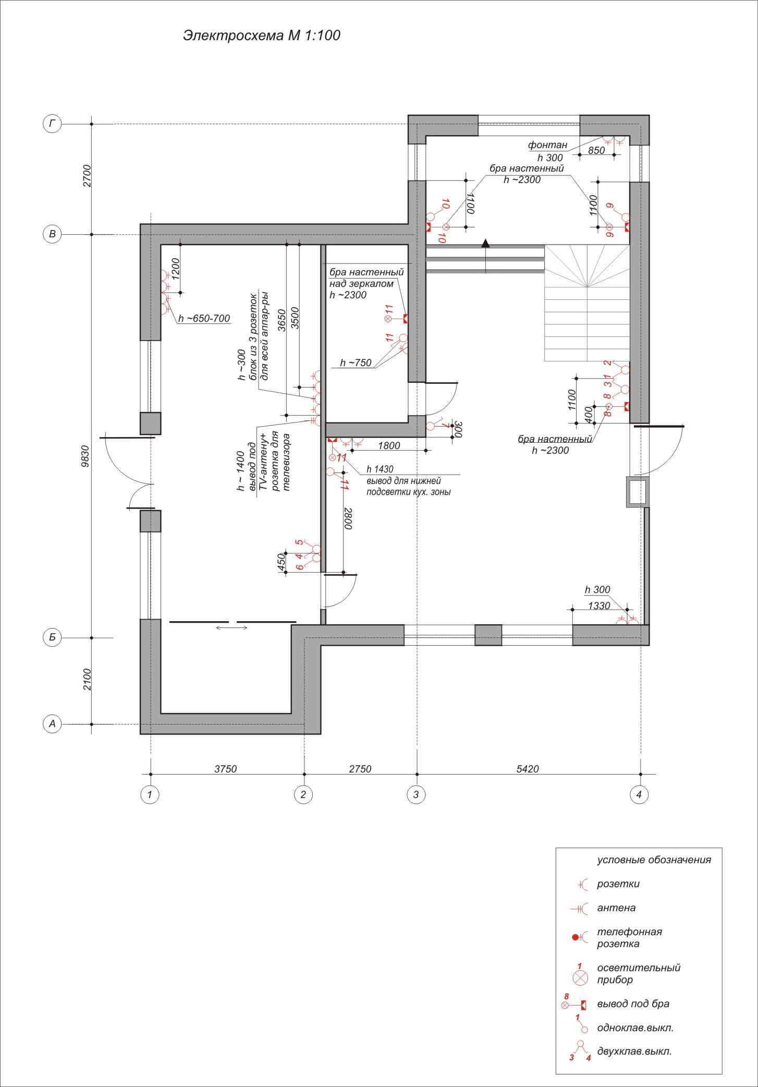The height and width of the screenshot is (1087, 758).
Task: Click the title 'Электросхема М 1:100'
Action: (x=262, y=35)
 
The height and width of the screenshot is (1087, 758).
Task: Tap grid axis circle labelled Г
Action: (x=52, y=124)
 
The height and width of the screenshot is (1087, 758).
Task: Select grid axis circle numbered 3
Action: (x=415, y=794)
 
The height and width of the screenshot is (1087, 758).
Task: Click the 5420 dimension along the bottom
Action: (x=528, y=769)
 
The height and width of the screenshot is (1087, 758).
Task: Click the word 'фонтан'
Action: (x=547, y=145)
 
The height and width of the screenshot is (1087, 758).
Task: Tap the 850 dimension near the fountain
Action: (x=596, y=150)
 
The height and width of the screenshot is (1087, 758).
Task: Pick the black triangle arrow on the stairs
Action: (x=485, y=243)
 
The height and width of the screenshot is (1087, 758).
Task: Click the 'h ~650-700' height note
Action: (x=204, y=318)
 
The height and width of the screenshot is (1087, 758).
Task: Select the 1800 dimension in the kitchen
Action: (x=389, y=445)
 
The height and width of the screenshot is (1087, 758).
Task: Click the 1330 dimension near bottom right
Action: (x=598, y=606)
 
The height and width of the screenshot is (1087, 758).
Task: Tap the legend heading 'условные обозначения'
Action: (x=654, y=860)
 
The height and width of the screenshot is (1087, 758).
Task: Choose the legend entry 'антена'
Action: (x=616, y=908)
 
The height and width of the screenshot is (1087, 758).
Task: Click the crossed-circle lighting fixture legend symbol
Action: (x=580, y=977)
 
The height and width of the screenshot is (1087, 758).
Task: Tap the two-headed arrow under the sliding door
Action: (x=232, y=627)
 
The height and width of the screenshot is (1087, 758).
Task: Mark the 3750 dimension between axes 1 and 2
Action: (x=226, y=769)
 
